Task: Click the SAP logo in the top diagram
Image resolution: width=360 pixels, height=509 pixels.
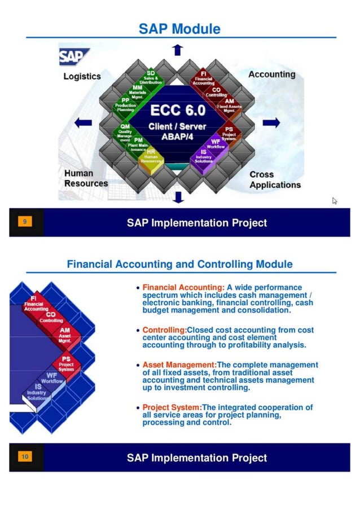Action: click(x=72, y=56)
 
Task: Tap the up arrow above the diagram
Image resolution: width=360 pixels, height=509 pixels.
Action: click(x=178, y=50)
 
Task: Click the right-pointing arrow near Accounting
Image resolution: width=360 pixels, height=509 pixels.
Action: click(x=271, y=122)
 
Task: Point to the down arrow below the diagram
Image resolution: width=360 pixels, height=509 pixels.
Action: click(x=178, y=197)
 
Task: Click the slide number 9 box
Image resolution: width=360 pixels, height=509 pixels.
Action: click(x=24, y=222)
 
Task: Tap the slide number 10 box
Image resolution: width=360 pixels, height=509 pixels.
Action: click(x=24, y=457)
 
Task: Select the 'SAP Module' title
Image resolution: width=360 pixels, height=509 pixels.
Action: click(x=179, y=29)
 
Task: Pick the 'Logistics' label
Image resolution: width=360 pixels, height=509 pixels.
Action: click(x=82, y=76)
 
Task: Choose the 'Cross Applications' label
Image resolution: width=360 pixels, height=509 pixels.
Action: click(x=275, y=179)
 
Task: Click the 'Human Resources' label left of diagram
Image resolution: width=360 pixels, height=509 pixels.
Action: click(x=86, y=178)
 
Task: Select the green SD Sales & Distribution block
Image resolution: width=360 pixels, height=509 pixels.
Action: click(x=151, y=77)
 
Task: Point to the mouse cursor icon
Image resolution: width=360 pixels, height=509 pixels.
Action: click(x=335, y=200)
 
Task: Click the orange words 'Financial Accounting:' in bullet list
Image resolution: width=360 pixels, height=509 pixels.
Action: click(x=183, y=288)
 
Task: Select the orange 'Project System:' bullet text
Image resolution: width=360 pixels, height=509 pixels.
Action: click(x=172, y=407)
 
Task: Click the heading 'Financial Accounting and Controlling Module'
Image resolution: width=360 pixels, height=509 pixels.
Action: click(x=179, y=264)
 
